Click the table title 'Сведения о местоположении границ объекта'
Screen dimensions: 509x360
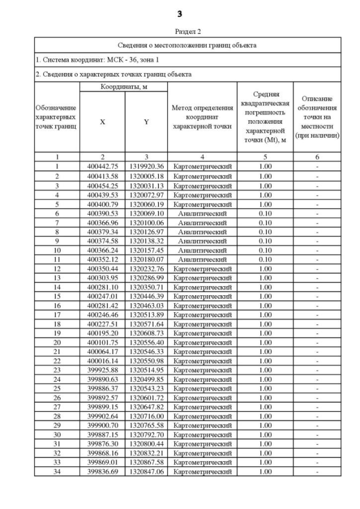pyautogui.click(x=188, y=45)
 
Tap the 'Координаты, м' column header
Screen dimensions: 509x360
pyautogui.click(x=124, y=87)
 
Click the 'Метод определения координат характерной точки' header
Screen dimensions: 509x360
pyautogui.click(x=202, y=117)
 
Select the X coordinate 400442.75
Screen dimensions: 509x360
pyautogui.click(x=102, y=166)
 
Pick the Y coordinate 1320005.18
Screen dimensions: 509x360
pyautogui.click(x=146, y=176)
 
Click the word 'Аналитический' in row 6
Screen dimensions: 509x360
pyautogui.click(x=202, y=214)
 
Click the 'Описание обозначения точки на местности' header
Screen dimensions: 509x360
pyautogui.click(x=318, y=117)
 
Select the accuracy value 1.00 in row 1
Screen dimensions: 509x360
pyautogui.click(x=264, y=166)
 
